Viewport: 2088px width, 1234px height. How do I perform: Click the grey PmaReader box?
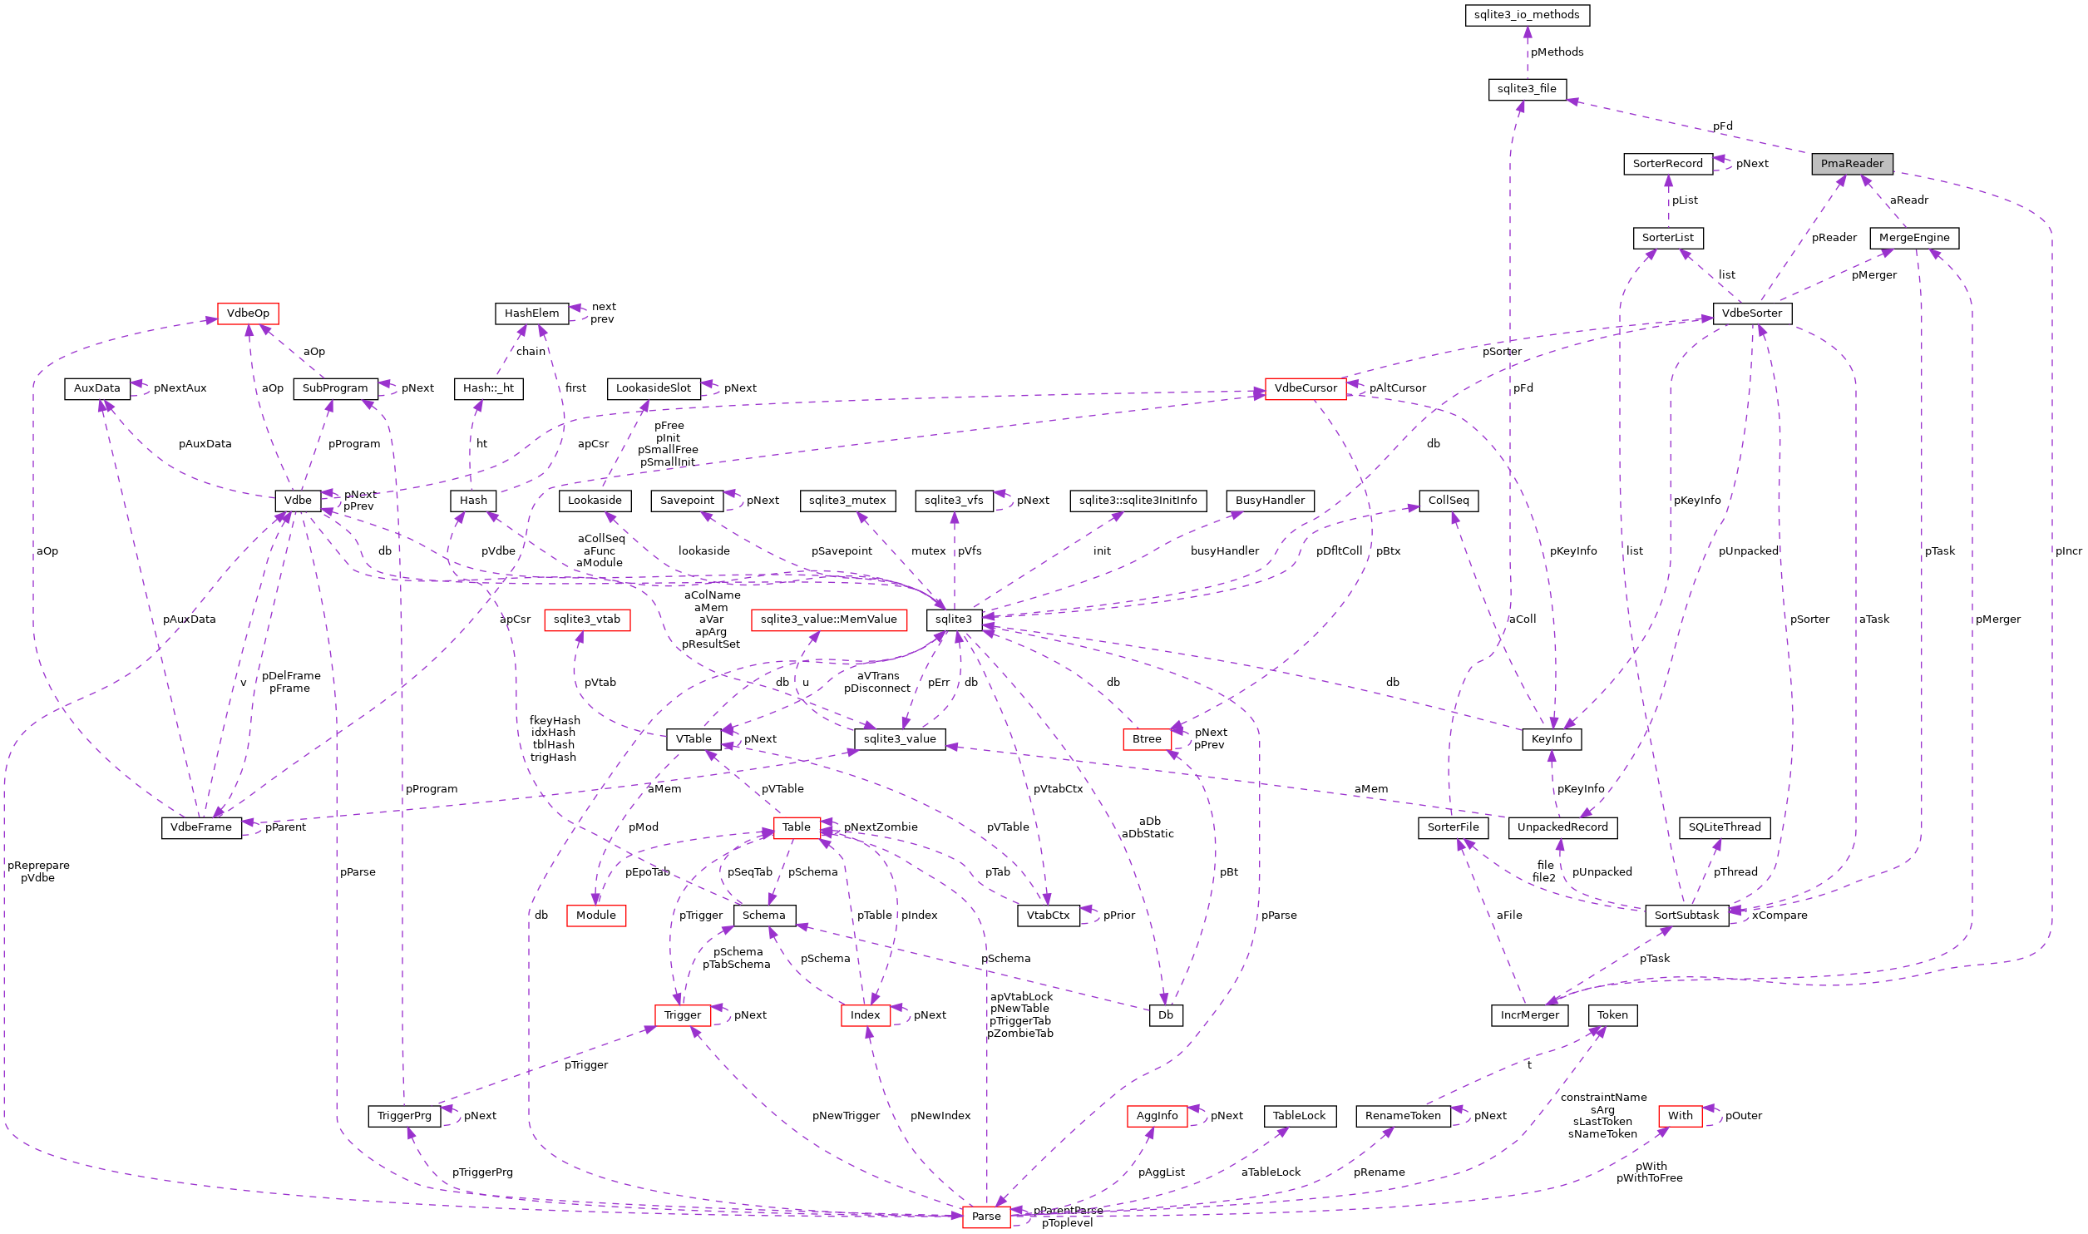point(1852,164)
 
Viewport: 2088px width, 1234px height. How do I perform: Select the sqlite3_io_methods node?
point(1527,15)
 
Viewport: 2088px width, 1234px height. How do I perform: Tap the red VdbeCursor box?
point(1305,388)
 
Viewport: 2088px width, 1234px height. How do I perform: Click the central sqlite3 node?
point(953,619)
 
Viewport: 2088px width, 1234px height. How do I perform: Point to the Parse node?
point(985,1217)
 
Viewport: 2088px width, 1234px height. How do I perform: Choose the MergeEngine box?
point(1913,238)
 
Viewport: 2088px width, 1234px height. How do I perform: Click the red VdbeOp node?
point(248,313)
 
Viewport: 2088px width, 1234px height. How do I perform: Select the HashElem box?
point(531,313)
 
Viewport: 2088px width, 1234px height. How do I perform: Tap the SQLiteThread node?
point(1724,827)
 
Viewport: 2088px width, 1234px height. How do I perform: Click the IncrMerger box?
point(1529,1015)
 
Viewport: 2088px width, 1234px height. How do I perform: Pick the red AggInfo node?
point(1157,1116)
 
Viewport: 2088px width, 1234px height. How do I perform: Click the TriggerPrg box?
point(404,1116)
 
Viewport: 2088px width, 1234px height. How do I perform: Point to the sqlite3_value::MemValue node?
point(828,619)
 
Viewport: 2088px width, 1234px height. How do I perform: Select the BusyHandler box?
point(1270,501)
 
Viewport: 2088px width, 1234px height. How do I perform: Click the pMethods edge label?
point(1557,52)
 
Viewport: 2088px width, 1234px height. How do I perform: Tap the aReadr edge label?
point(1908,200)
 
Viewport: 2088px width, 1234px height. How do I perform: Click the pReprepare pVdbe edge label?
point(38,871)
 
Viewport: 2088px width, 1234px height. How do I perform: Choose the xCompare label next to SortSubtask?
point(1779,916)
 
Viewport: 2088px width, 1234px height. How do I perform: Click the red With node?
point(1680,1116)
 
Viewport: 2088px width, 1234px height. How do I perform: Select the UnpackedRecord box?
point(1562,827)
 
